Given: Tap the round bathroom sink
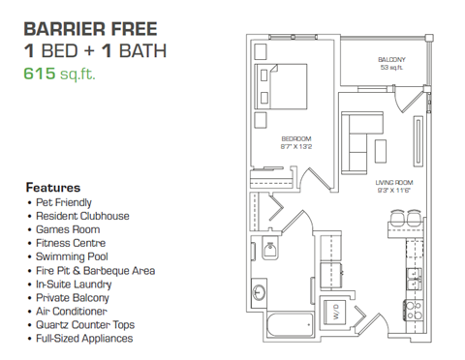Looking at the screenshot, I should (260, 291).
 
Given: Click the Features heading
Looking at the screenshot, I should (52, 187).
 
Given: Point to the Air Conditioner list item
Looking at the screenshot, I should (73, 312).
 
